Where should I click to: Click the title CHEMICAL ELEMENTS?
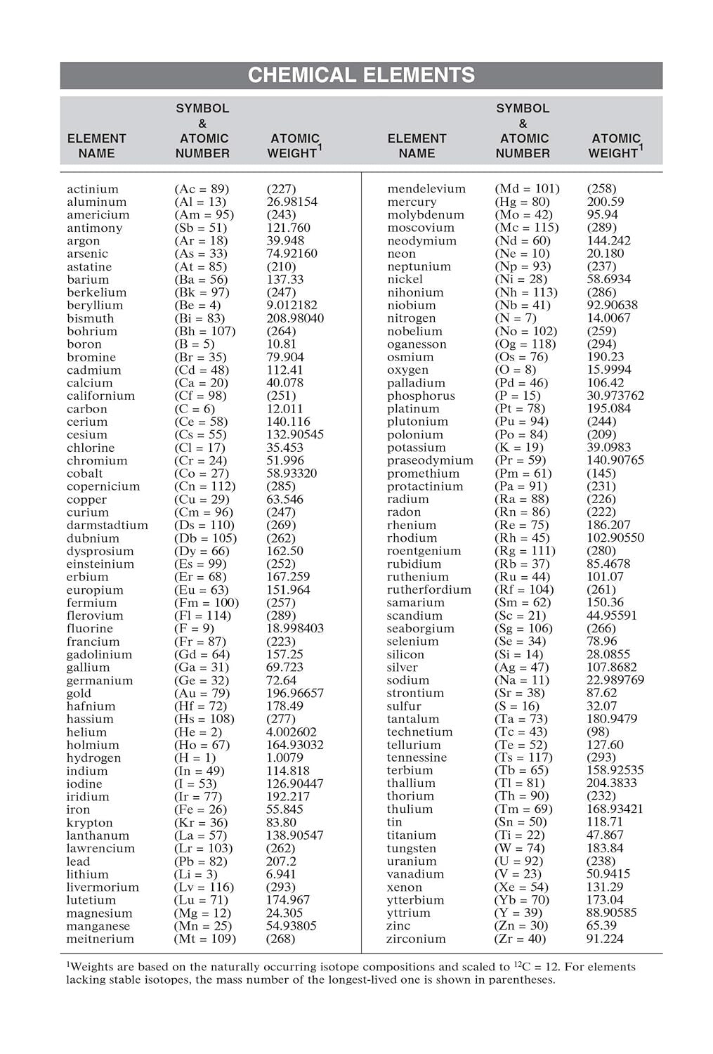[361, 75]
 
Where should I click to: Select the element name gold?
[79, 694]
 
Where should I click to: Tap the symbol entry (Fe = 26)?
[200, 809]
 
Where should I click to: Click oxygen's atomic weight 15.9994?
[608, 370]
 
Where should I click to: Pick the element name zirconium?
[416, 939]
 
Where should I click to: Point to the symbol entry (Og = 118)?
[525, 344]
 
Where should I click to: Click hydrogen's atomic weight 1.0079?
[284, 757]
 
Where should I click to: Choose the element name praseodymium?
[430, 460]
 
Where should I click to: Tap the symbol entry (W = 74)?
[519, 848]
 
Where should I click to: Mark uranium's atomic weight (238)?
[601, 861]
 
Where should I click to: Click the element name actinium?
[93, 189]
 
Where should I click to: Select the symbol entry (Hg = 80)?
[522, 202]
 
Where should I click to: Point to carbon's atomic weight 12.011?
[284, 409]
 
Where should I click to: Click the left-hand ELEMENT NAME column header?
[96, 145]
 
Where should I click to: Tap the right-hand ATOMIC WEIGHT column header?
[615, 145]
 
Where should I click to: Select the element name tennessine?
[417, 757]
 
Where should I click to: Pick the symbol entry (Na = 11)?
[521, 680]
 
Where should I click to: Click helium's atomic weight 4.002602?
[291, 732]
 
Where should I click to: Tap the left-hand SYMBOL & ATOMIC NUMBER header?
[202, 131]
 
